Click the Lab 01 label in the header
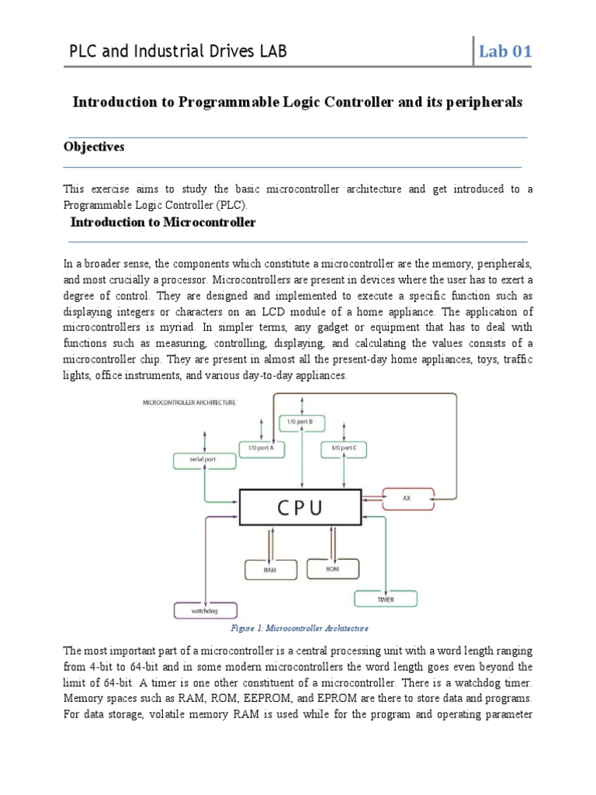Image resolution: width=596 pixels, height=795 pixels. (504, 52)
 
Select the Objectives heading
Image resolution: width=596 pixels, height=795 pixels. (93, 148)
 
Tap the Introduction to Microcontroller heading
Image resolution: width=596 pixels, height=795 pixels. (163, 222)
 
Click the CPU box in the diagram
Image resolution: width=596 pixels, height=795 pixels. (300, 508)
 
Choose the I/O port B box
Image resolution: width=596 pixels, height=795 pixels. (301, 422)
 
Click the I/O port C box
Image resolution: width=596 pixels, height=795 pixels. (344, 448)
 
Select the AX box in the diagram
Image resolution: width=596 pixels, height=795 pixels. (407, 497)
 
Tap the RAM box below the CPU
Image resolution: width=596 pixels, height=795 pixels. (269, 569)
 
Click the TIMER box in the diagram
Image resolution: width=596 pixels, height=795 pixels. (386, 599)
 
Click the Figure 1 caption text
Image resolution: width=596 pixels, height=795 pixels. (300, 627)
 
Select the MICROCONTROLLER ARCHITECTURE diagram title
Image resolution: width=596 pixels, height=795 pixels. (189, 402)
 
